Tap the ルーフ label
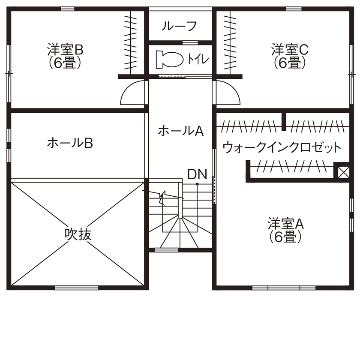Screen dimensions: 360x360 [x=179, y=27]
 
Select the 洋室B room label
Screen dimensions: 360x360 [x=65, y=50]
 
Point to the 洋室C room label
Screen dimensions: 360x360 [x=289, y=50]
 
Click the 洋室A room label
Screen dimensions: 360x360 [x=286, y=224]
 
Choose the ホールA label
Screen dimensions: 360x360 [x=180, y=131]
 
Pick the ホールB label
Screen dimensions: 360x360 [x=70, y=143]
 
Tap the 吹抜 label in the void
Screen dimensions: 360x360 [x=78, y=234]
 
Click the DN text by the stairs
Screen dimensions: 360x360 [x=197, y=174]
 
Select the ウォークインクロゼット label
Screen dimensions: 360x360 [x=282, y=148]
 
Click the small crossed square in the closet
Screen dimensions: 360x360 [x=343, y=171]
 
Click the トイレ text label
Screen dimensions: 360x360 [x=198, y=59]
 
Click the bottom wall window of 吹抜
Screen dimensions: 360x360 [x=77, y=288]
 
